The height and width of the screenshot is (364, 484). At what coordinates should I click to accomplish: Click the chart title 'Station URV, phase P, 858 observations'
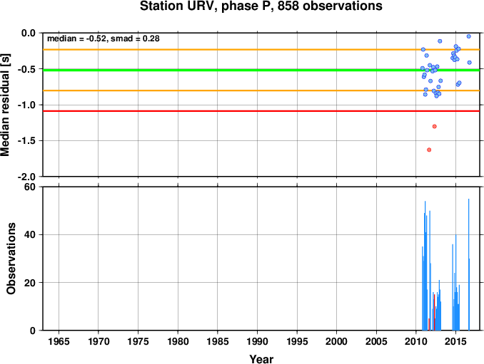pos(261,6)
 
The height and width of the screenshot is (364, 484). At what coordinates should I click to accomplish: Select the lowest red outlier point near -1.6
pos(429,150)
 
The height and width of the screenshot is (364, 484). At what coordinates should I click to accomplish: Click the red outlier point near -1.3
pos(435,126)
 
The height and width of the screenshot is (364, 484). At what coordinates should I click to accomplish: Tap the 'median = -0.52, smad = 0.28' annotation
pos(104,38)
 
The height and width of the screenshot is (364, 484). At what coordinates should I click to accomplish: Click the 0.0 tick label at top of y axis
pos(29,33)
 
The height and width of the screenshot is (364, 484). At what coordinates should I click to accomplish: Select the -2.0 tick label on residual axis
pos(26,177)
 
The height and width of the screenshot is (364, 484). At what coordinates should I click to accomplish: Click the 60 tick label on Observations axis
pos(30,187)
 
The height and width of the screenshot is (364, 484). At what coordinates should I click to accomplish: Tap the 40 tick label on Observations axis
pos(30,234)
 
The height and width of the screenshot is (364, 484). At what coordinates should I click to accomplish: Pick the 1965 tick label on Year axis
pos(59,341)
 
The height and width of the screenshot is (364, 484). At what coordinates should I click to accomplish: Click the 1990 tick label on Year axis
pos(257,341)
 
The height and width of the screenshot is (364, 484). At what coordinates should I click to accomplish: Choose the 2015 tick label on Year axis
pos(455,341)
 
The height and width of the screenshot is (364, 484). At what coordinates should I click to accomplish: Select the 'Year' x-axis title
pos(261,359)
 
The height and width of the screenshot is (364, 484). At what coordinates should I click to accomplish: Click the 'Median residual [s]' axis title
pos(5,105)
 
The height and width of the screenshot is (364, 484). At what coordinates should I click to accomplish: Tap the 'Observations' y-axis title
pos(11,259)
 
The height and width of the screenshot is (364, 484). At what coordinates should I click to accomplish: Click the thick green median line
pos(261,71)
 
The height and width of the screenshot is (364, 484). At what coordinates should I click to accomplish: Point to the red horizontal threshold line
pos(261,111)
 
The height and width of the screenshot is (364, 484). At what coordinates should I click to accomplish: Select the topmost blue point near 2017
pos(468,36)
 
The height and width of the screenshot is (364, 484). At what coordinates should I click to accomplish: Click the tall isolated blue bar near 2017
pos(469,264)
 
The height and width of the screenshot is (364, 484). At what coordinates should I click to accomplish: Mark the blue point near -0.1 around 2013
pos(440,41)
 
